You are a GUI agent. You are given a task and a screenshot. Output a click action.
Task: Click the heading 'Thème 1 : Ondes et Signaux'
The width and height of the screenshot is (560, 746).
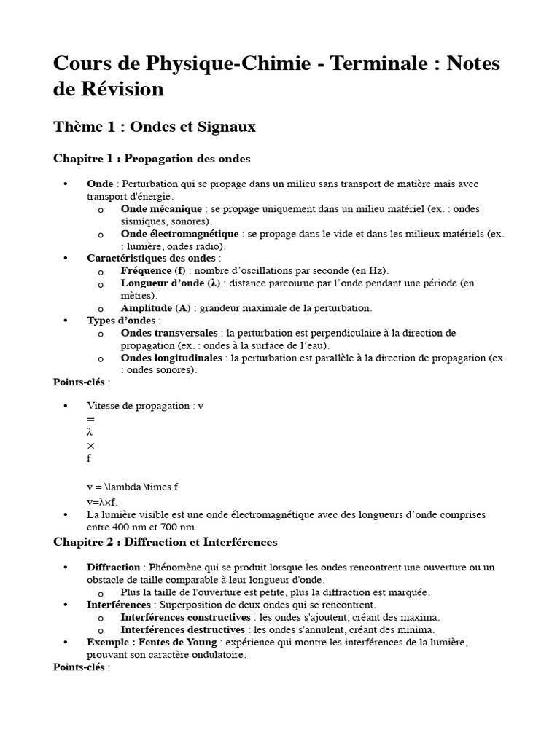tap(155, 127)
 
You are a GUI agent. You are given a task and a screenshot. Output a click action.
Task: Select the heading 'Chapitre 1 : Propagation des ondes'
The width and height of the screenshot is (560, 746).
tap(152, 158)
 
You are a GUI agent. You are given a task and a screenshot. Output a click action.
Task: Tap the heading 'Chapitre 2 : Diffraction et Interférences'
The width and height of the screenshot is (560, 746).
tap(165, 542)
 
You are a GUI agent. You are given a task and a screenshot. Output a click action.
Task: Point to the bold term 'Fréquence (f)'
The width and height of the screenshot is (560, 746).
tap(153, 270)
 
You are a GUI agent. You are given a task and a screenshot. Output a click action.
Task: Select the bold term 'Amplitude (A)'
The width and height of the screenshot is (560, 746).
tap(155, 308)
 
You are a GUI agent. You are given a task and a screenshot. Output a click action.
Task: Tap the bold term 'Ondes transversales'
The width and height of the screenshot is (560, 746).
tap(169, 333)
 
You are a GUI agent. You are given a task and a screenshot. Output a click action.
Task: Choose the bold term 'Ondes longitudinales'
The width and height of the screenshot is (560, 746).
tap(173, 358)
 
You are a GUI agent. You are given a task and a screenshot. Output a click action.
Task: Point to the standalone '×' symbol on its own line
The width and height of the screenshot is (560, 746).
tap(90, 445)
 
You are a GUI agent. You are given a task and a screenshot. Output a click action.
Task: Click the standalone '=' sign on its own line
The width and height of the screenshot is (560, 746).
tap(90, 420)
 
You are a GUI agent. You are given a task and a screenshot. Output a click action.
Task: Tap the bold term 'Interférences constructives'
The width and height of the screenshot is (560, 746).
tap(182, 617)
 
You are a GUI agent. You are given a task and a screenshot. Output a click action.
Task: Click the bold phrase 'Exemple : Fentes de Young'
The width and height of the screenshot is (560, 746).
tap(152, 642)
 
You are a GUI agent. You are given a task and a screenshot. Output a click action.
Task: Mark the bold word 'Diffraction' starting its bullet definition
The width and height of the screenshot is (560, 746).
tap(113, 567)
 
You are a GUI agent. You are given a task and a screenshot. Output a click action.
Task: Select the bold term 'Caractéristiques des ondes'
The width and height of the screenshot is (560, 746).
tap(151, 258)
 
